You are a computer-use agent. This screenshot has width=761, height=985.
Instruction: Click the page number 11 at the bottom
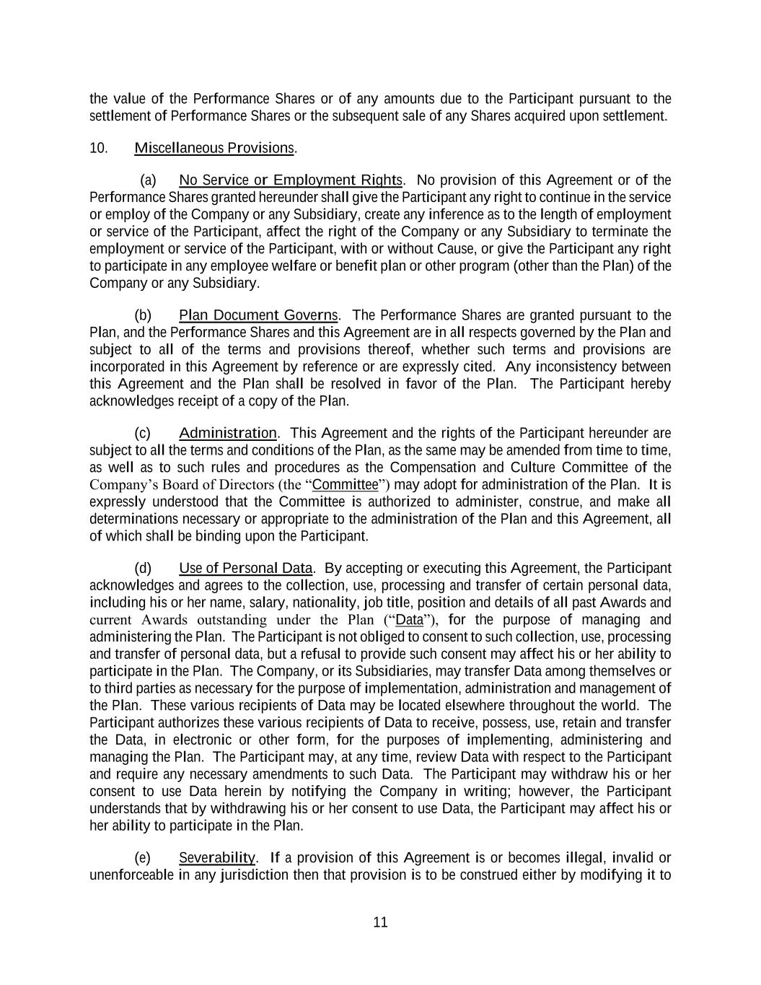pyautogui.click(x=381, y=922)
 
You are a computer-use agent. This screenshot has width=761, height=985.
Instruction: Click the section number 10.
pyautogui.click(x=99, y=148)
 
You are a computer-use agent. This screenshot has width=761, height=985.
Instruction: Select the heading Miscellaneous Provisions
pyautogui.click(x=214, y=148)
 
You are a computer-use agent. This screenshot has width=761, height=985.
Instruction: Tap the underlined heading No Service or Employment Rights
pyautogui.click(x=290, y=180)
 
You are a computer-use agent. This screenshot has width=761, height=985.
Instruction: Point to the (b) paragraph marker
pyautogui.click(x=143, y=315)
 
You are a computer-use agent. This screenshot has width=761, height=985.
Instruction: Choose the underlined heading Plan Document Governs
pyautogui.click(x=258, y=315)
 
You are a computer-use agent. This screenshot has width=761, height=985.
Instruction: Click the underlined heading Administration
pyautogui.click(x=227, y=433)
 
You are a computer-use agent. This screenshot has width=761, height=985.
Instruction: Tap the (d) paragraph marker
pyautogui.click(x=143, y=569)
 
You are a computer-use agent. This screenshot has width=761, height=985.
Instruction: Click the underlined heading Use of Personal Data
pyautogui.click(x=245, y=569)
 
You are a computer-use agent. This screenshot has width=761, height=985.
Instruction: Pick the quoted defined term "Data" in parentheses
pyautogui.click(x=410, y=620)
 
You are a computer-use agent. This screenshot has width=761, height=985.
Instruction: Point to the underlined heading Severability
pyautogui.click(x=216, y=858)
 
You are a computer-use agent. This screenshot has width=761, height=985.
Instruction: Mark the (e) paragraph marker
pyautogui.click(x=143, y=858)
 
